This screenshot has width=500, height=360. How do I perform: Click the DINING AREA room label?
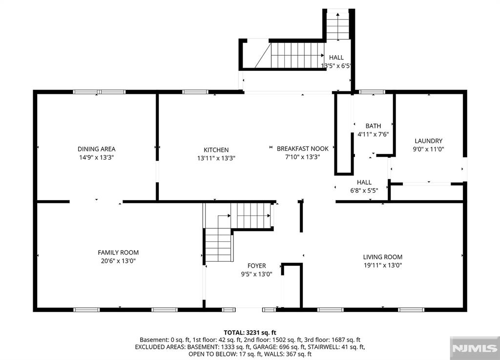click(x=96, y=149)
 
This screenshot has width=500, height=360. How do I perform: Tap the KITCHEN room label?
click(x=216, y=150)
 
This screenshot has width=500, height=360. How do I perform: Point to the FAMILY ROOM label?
click(x=118, y=253)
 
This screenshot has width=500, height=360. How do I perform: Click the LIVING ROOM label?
click(x=382, y=257)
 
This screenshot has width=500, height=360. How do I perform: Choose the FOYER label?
click(x=256, y=266)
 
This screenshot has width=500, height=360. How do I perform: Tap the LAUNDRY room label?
click(x=428, y=141)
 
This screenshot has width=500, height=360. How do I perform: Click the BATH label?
click(x=373, y=126)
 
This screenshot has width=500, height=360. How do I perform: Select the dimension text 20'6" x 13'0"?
click(x=118, y=261)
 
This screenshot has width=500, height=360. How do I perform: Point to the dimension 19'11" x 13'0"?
click(x=382, y=265)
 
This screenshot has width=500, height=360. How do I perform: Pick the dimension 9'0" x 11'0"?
click(x=428, y=149)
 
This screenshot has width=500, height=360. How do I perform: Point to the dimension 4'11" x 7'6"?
click(x=373, y=134)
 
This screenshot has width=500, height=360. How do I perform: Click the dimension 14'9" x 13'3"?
click(x=96, y=157)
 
